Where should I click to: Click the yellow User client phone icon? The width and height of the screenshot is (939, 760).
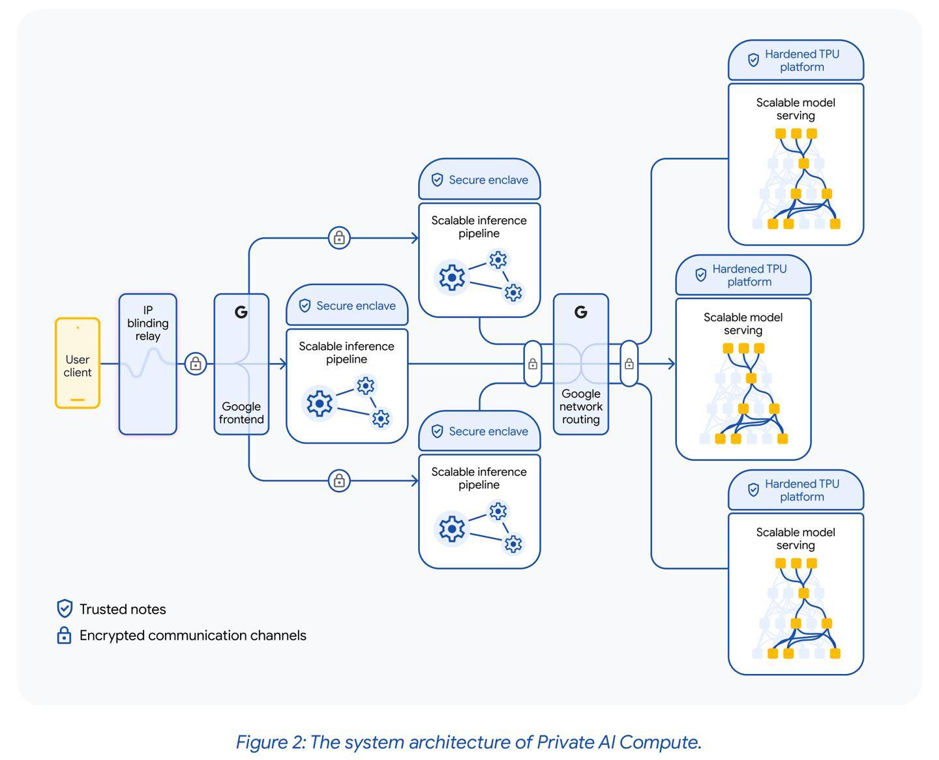pos(78,363)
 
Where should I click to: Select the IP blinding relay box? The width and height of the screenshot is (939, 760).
pos(148,364)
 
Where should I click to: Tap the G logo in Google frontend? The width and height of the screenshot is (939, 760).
pos(241,312)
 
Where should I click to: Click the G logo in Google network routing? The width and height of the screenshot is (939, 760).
pos(581,312)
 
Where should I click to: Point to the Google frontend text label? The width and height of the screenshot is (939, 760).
pos(241,413)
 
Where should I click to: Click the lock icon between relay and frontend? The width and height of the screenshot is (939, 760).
pos(196,364)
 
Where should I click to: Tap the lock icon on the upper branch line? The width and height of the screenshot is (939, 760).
pos(339,238)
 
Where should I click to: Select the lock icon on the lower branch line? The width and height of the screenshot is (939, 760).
pos(339,481)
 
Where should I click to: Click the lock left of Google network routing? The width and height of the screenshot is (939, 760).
pos(533,364)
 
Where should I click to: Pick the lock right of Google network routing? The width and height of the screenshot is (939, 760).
pos(629,364)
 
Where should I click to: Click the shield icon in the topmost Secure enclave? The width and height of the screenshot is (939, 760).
pos(438,180)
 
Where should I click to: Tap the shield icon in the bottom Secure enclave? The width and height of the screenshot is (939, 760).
pos(438,431)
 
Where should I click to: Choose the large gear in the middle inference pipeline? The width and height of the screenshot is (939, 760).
pos(320,404)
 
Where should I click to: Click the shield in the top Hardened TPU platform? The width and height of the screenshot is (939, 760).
pos(753,60)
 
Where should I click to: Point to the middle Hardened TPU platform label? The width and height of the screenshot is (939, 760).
pos(749,275)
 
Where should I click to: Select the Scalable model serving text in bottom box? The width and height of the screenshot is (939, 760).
pos(796,538)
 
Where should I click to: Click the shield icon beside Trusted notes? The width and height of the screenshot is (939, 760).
pos(65,609)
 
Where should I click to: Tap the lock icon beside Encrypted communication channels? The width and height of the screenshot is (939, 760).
pos(64,635)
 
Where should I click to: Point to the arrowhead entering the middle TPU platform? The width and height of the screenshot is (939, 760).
pos(671,364)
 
